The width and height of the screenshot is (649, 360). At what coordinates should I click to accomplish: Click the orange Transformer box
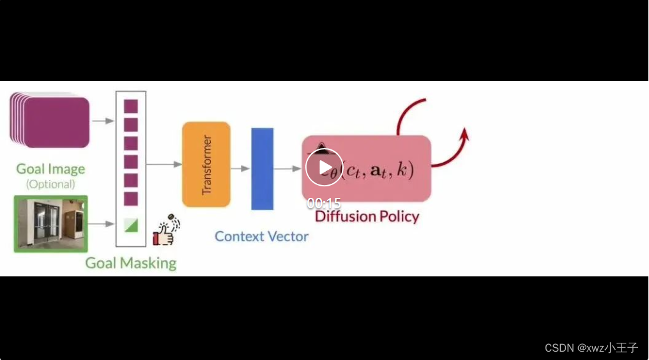pos(206,164)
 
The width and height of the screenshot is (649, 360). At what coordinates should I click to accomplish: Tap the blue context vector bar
pos(262,169)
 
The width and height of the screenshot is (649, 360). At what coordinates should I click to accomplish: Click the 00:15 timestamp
pos(324,204)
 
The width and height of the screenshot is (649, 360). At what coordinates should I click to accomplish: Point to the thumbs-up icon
pos(165,232)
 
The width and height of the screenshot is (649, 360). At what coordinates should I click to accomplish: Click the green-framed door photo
pos(50,224)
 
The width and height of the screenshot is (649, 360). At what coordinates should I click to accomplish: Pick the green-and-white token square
pos(131,225)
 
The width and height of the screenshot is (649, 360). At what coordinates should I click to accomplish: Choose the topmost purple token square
pos(131,106)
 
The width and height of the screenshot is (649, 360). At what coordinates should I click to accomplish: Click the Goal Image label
pos(50,169)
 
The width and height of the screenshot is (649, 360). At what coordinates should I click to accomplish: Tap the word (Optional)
pos(50,184)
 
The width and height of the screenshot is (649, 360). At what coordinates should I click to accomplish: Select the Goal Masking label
pos(131,263)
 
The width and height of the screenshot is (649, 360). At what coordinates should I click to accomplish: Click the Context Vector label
pos(261,236)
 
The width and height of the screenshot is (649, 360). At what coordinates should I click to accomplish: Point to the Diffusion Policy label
pos(367,216)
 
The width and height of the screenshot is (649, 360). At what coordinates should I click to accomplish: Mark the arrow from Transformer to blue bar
pos(240,169)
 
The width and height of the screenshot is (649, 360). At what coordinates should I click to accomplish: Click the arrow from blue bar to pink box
pos(287,169)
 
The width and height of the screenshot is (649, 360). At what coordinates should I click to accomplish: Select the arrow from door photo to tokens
pos(100,224)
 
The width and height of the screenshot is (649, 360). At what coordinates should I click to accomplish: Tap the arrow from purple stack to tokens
pos(100,120)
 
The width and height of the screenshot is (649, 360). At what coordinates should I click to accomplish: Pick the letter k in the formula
pos(401,170)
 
